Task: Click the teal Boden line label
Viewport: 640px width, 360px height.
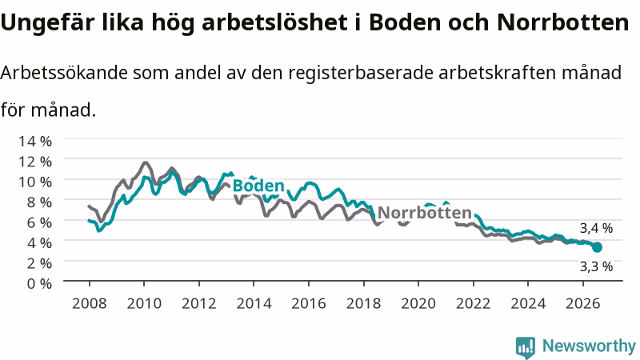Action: (258, 186)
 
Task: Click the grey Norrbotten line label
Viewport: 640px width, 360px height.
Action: (425, 213)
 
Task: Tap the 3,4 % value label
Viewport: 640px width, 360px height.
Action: (596, 228)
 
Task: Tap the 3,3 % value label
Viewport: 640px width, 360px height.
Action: (596, 266)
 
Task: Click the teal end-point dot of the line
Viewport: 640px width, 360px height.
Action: (597, 247)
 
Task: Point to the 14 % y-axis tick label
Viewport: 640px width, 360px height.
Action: (35, 142)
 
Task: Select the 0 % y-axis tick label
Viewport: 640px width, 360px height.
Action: (39, 283)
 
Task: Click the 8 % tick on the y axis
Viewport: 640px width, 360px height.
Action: (39, 202)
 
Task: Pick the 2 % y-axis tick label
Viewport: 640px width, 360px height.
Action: (39, 263)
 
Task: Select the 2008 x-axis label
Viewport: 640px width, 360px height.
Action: (90, 304)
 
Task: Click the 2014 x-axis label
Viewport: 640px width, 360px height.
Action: (254, 304)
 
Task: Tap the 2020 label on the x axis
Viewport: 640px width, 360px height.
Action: (418, 304)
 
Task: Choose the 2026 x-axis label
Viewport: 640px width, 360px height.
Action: (583, 304)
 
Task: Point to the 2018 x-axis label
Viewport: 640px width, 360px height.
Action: (364, 304)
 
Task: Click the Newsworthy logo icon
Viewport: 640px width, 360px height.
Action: (526, 347)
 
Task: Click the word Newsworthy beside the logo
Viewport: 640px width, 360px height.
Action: (589, 346)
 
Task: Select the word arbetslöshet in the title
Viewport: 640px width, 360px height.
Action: (274, 22)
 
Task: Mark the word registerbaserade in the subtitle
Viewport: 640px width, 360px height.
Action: (361, 74)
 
